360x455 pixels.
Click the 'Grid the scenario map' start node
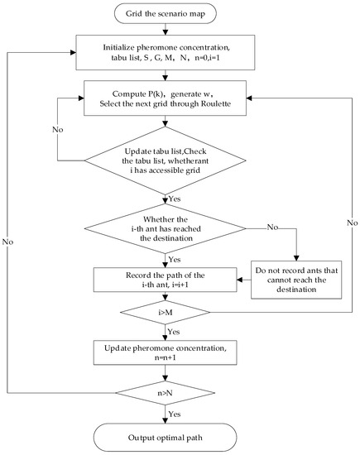(180, 14)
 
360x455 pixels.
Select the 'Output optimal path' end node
(180, 437)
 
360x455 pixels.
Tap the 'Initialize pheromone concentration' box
(180, 51)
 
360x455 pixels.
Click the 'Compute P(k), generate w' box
(180, 108)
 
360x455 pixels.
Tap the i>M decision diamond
(180, 314)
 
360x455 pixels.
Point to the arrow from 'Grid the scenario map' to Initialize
(180, 29)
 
